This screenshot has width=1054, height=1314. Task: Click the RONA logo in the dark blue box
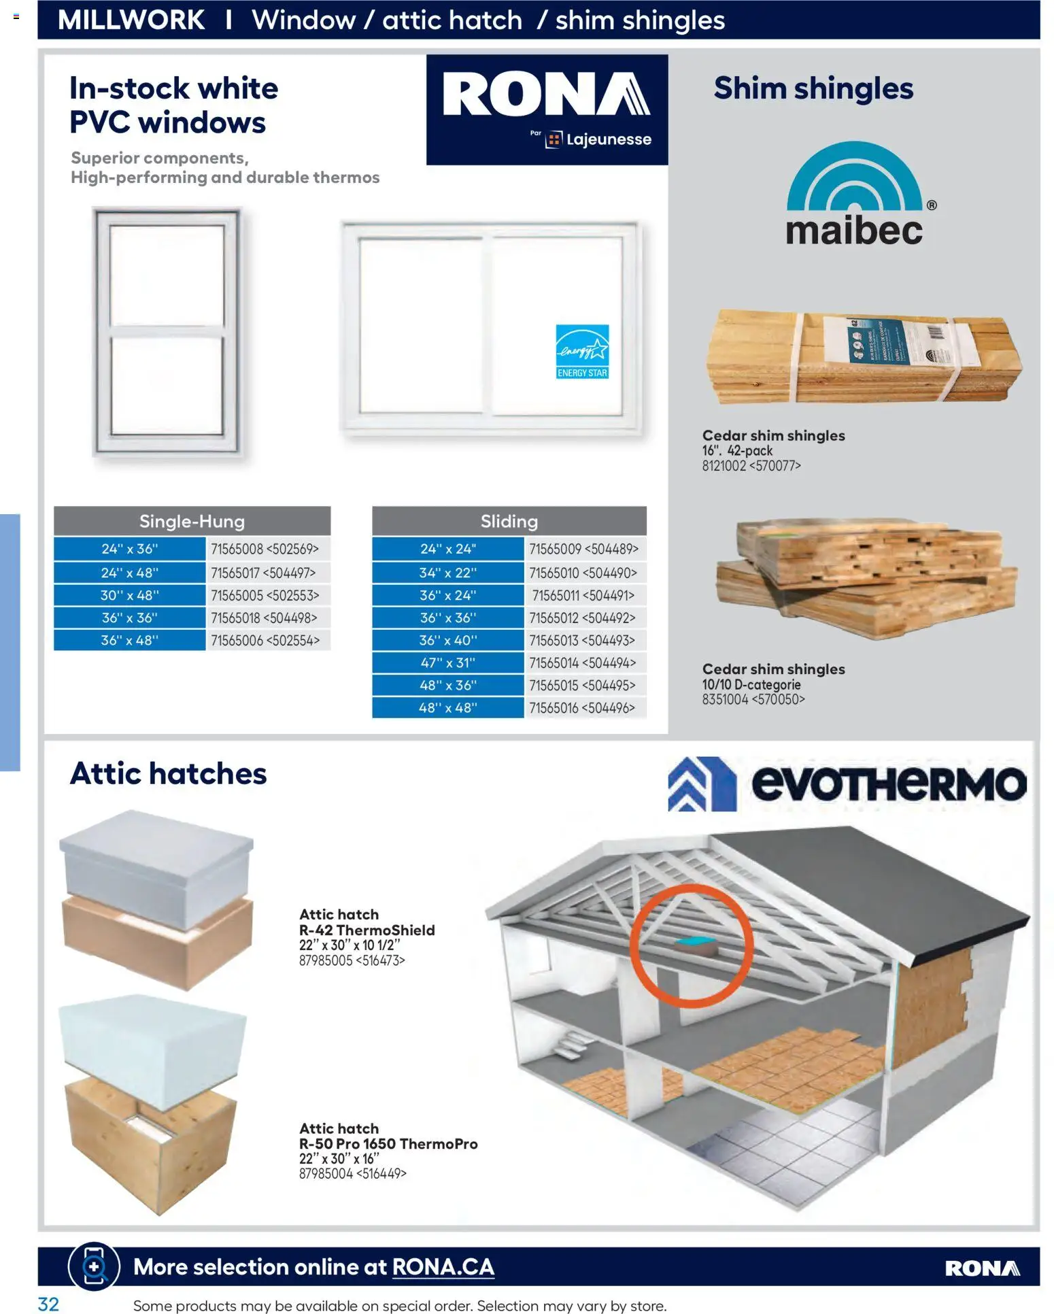(546, 96)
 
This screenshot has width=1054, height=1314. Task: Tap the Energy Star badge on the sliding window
(582, 352)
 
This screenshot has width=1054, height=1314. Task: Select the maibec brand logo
(855, 195)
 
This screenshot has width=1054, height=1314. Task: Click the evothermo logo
(847, 784)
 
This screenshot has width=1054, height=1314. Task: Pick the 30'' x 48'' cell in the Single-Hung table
(129, 595)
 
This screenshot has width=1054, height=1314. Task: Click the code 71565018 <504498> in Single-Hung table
(264, 618)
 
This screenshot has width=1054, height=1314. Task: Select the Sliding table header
(509, 521)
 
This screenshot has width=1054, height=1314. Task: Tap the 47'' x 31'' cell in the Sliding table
(447, 662)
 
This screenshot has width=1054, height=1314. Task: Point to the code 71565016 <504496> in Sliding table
(582, 707)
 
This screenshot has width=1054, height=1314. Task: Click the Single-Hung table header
(192, 521)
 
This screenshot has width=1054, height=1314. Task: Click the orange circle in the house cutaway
(691, 945)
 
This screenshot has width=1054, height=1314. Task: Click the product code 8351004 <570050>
(753, 699)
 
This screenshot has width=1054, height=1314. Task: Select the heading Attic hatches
(168, 774)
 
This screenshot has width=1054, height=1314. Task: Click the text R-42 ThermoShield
(367, 930)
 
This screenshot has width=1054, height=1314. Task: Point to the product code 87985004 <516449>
(352, 1173)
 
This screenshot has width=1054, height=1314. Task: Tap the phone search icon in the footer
(94, 1266)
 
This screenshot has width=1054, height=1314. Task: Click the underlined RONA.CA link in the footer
(443, 1267)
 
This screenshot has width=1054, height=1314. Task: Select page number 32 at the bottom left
(48, 1303)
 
